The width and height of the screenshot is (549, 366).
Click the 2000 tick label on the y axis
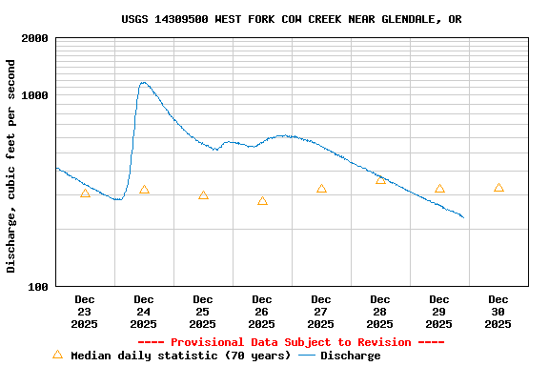(35, 38)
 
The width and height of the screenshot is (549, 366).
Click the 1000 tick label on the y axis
(35, 95)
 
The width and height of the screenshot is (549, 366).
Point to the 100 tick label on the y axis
(38, 286)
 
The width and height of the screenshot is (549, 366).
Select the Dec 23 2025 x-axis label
(84, 312)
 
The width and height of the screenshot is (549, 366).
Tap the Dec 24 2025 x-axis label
(143, 312)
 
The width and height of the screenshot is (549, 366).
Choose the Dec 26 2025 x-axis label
(261, 312)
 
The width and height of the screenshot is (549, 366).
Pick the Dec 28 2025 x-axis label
(379, 312)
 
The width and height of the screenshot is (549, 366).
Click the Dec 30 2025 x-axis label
(498, 312)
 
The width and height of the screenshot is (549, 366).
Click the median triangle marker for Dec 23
(85, 193)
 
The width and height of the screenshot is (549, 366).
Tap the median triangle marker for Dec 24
(144, 190)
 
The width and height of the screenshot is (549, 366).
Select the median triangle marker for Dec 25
(203, 195)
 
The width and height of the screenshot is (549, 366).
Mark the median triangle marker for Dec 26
(262, 201)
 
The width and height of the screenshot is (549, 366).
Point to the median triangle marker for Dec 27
(321, 189)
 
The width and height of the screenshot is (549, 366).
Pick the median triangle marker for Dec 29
(439, 189)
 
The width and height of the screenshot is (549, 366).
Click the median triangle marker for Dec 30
(498, 188)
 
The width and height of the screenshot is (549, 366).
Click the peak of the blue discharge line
(143, 82)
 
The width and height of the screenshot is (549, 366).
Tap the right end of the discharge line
(463, 217)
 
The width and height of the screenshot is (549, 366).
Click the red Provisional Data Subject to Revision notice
(291, 342)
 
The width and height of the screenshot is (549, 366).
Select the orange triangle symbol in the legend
(57, 355)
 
